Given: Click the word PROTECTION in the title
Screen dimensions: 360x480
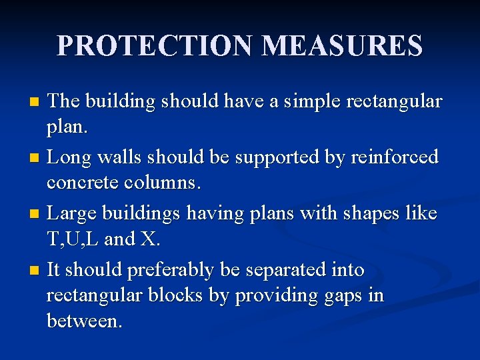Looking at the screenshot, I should click(x=155, y=46).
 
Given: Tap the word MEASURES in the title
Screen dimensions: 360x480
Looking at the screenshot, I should click(x=342, y=46).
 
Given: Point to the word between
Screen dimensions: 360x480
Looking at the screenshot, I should click(x=84, y=321).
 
